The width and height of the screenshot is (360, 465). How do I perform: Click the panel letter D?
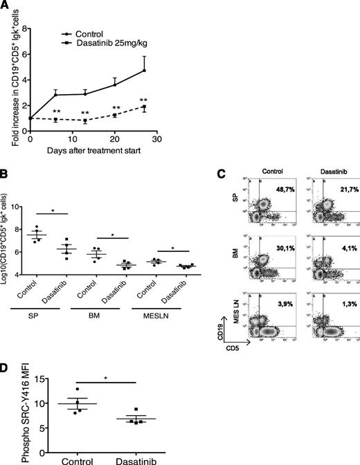(x=6, y=370)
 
